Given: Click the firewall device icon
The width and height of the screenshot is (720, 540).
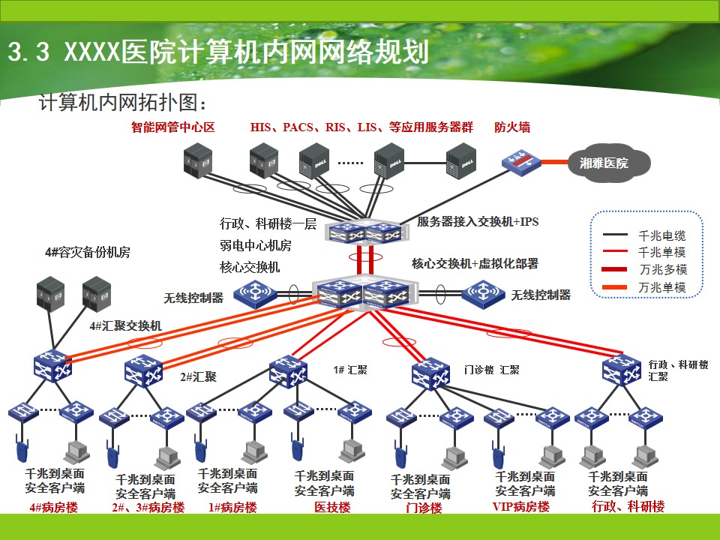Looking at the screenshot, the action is tap(521, 161).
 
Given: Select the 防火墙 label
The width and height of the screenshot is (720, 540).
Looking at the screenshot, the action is tap(512, 127).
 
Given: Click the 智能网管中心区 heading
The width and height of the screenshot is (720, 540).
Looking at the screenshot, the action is tap(173, 127).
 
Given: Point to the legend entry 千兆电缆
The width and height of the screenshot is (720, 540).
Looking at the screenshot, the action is tap(661, 235).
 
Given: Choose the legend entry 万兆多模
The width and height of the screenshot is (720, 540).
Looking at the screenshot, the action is tap(663, 269).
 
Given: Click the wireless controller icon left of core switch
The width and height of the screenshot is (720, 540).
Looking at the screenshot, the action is tap(255, 293).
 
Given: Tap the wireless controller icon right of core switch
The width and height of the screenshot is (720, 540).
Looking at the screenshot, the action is tap(483, 292).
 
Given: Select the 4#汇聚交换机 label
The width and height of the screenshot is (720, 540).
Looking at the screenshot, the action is tap(125, 326).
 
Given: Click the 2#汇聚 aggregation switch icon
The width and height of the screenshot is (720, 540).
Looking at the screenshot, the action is tap(144, 372).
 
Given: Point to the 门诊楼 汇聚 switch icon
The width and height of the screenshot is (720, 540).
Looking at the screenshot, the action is tap(430, 373).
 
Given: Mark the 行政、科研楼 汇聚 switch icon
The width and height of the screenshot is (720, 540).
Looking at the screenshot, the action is tap(621, 370).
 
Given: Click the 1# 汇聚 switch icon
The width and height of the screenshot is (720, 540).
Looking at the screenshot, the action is tap(288, 372).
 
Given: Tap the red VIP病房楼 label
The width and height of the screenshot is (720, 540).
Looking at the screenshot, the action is tap(520, 507).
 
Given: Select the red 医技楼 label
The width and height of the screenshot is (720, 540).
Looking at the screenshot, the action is tap(332, 508).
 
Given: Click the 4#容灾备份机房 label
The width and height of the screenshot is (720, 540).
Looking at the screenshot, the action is tap(87, 252).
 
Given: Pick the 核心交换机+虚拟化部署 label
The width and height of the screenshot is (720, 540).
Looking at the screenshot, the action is tap(475, 263).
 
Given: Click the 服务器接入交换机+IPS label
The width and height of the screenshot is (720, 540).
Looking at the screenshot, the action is tap(478, 221).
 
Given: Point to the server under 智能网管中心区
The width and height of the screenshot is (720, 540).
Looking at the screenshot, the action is tap(198, 160).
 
